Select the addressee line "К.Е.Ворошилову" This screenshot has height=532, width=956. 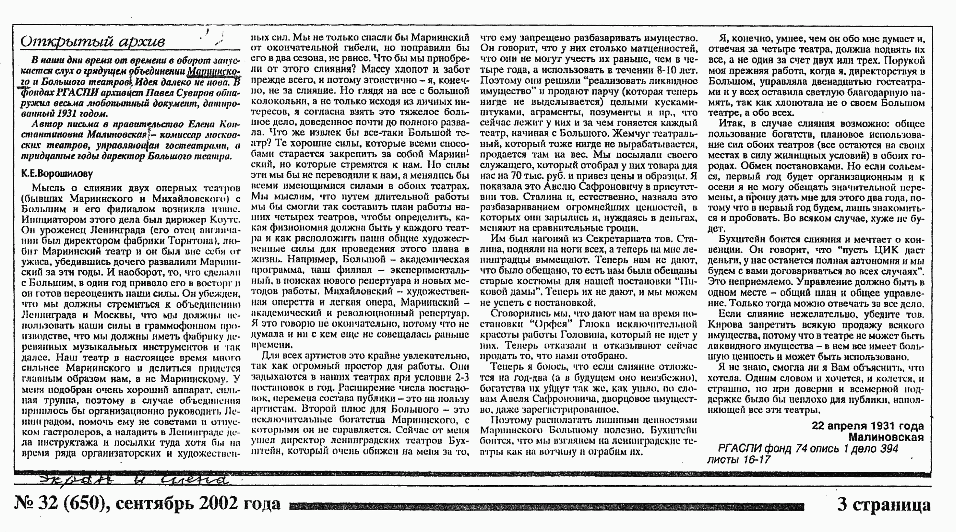click(57, 174)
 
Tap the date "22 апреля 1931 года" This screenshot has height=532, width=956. click(867, 426)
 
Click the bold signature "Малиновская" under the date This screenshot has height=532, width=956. click(886, 437)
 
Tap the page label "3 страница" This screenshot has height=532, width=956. click(884, 505)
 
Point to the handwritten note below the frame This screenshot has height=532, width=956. click(133, 480)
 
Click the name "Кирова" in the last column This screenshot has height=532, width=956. click(725, 325)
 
